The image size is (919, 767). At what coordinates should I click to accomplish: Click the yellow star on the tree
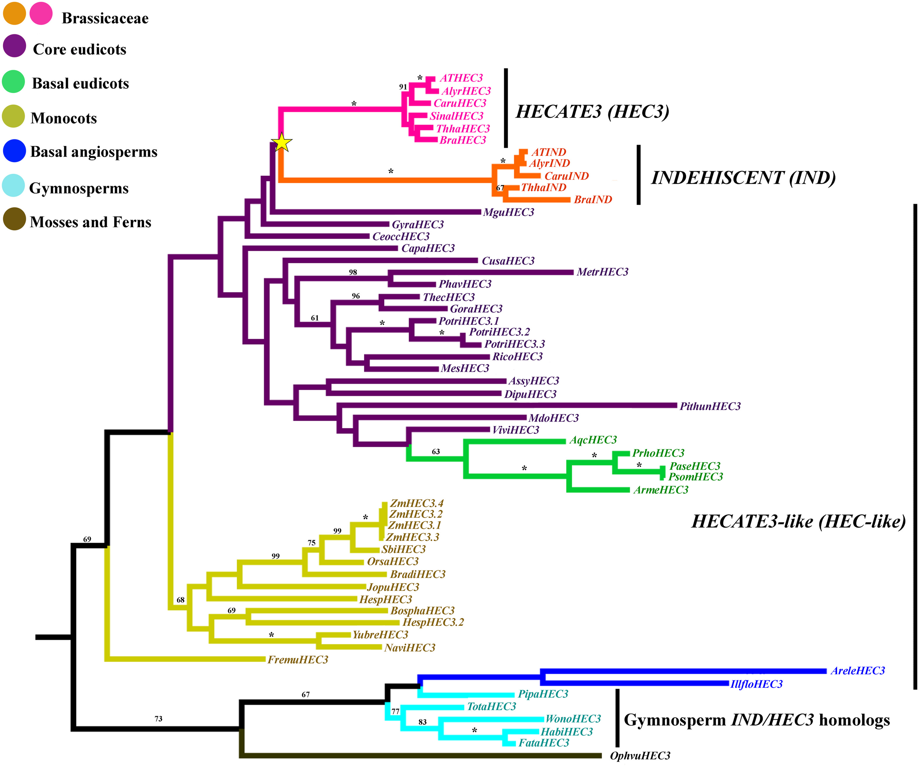(x=281, y=142)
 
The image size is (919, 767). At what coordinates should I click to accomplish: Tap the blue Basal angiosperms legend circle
(x=14, y=151)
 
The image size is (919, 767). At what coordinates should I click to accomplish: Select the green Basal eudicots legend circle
(x=14, y=82)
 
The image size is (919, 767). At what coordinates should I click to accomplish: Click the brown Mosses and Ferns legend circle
(x=14, y=219)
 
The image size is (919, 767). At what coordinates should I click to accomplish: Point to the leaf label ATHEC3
(x=461, y=78)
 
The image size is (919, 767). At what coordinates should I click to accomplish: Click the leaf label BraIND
(x=593, y=200)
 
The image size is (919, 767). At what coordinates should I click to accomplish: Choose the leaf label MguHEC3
(x=508, y=212)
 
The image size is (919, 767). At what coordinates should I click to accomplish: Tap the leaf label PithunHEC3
(x=710, y=406)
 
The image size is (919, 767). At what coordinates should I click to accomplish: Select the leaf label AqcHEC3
(x=593, y=440)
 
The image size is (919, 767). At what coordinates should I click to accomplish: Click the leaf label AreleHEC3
(x=858, y=671)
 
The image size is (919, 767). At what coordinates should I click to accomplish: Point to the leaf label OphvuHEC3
(x=640, y=756)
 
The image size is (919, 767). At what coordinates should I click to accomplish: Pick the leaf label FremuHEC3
(x=298, y=660)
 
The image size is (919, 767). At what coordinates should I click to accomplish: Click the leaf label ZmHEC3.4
(x=416, y=503)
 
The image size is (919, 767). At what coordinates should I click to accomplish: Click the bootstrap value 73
(x=158, y=719)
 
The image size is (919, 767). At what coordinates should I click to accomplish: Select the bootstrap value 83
(x=422, y=722)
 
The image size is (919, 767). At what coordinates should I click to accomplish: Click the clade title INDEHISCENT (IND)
(x=743, y=178)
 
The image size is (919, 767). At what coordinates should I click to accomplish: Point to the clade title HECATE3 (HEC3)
(x=593, y=112)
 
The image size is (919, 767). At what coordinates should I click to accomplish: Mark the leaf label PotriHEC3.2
(x=499, y=332)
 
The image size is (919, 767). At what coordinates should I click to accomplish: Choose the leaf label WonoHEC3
(x=573, y=719)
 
